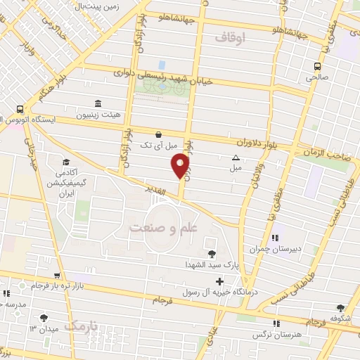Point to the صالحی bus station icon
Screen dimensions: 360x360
click(x=316, y=67)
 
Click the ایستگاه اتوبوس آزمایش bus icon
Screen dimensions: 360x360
click(x=18, y=109)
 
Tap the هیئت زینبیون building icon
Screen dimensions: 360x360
click(x=96, y=103)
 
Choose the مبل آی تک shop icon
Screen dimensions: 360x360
click(x=158, y=134)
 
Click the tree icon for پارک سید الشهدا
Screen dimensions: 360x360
click(x=212, y=253)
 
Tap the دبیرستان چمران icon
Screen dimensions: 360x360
click(x=275, y=238)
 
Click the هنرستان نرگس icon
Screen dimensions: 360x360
click(x=276, y=323)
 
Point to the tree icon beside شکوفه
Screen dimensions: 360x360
click(x=341, y=308)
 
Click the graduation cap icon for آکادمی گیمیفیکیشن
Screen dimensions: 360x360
click(x=65, y=162)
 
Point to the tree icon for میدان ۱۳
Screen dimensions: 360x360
click(x=45, y=318)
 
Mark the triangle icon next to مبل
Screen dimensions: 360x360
click(x=236, y=157)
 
